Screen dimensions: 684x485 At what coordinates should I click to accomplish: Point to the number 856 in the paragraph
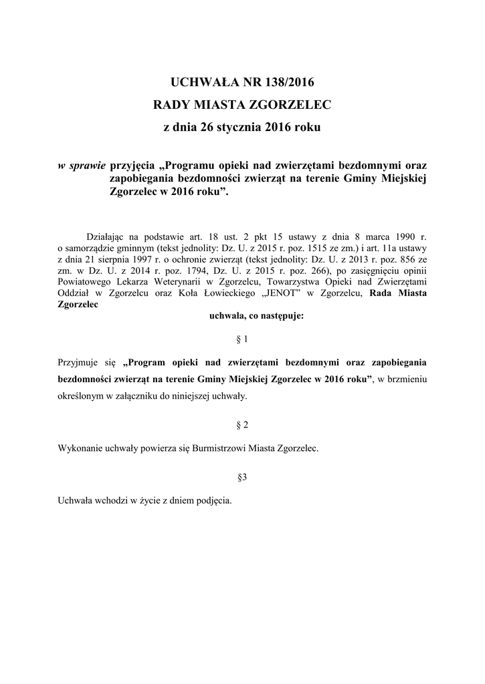pyautogui.click(x=404, y=259)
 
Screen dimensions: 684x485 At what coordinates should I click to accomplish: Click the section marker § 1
pyautogui.click(x=243, y=339)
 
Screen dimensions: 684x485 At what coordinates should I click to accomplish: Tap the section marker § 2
pyautogui.click(x=243, y=425)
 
